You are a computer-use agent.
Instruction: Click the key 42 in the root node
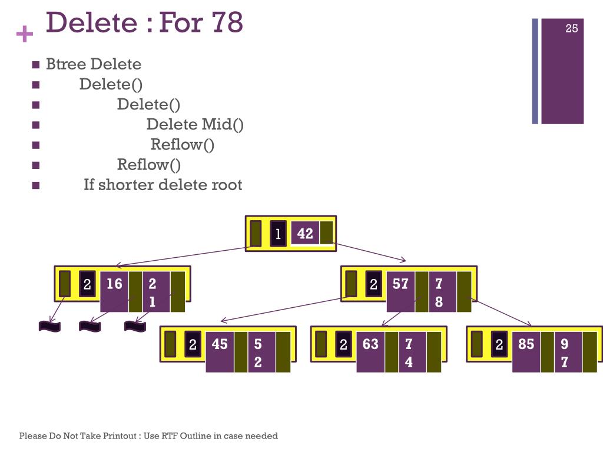pyautogui.click(x=305, y=234)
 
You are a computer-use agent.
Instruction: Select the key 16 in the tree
pyautogui.click(x=114, y=284)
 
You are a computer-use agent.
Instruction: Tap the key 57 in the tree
pyautogui.click(x=400, y=284)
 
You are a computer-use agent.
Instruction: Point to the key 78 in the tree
pyautogui.click(x=439, y=293)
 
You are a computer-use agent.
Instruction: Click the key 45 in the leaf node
pyautogui.click(x=220, y=344)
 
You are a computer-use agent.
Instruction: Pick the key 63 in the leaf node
pyautogui.click(x=370, y=344)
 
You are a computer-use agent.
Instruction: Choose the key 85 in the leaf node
pyautogui.click(x=526, y=344)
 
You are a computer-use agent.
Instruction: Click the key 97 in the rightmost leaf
pyautogui.click(x=564, y=353)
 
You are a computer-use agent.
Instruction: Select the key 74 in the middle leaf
pyautogui.click(x=409, y=353)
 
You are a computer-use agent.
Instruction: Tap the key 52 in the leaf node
pyautogui.click(x=258, y=353)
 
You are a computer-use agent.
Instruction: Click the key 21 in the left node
pyautogui.click(x=153, y=293)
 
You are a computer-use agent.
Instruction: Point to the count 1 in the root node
pyautogui.click(x=279, y=234)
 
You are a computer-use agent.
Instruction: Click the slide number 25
pyautogui.click(x=572, y=28)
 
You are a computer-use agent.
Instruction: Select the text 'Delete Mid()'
pyautogui.click(x=195, y=124)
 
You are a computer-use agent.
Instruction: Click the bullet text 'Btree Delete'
pyautogui.click(x=94, y=64)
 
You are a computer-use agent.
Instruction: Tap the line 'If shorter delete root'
pyautogui.click(x=163, y=185)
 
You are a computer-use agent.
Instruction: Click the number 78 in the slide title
pyautogui.click(x=226, y=22)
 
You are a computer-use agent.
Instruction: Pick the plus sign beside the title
pyautogui.click(x=25, y=35)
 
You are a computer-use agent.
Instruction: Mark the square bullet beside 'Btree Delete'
pyautogui.click(x=36, y=65)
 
